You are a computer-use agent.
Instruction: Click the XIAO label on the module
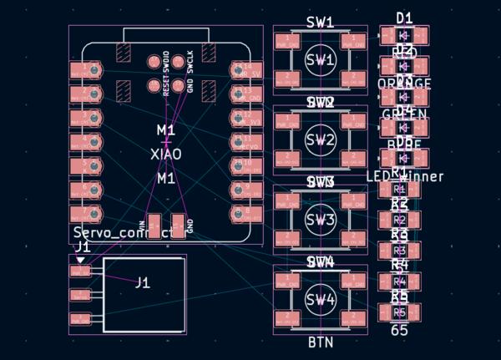tap(165, 154)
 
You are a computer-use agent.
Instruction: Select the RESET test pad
tap(154, 84)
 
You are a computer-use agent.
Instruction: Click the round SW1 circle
tap(320, 61)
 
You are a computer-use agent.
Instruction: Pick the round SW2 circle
tap(320, 140)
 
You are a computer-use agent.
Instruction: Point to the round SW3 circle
tap(320, 220)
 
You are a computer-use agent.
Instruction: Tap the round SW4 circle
tap(320, 300)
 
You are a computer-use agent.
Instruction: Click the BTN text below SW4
tap(321, 342)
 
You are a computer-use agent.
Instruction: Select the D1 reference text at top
tap(404, 17)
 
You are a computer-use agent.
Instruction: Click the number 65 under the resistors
tap(399, 331)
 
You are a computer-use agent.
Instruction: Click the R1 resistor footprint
tap(399, 190)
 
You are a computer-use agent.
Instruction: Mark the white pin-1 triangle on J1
tap(80, 260)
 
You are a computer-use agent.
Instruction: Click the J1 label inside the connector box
tap(143, 283)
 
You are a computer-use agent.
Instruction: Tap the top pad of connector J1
tap(80, 272)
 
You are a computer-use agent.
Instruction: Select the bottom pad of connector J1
tap(80, 319)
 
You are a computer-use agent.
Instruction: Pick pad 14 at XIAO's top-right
tap(243, 67)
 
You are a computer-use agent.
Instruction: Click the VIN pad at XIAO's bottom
tap(154, 225)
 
